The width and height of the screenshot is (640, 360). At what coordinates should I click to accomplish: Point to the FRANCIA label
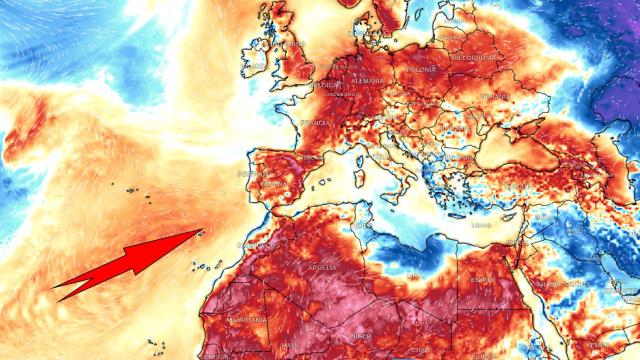(315, 122)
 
